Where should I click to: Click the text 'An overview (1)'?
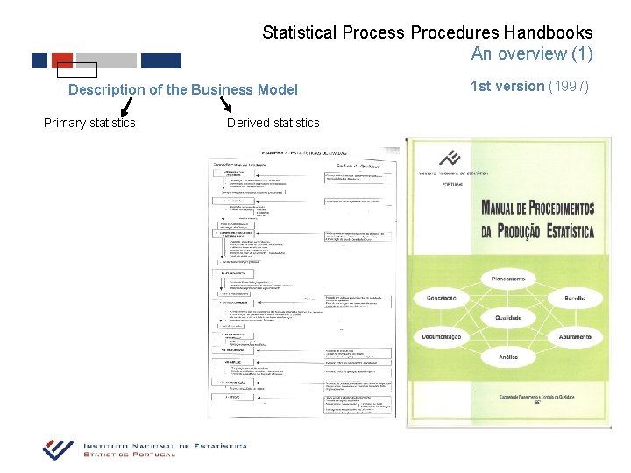pos(531,54)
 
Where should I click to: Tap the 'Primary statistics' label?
pos(89,123)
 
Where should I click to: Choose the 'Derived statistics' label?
pos(273,123)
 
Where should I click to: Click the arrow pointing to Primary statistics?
pos(126,106)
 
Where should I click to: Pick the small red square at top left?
pos(63,60)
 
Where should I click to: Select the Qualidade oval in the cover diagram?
pos(507,317)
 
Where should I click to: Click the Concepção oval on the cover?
pos(441,298)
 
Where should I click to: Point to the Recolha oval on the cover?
pos(574,298)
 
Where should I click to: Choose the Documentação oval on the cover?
pos(441,337)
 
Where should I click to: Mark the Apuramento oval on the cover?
pos(574,337)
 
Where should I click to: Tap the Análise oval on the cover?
pos(507,357)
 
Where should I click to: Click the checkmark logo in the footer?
pos(59,448)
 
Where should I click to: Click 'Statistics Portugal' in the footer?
pos(130,455)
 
